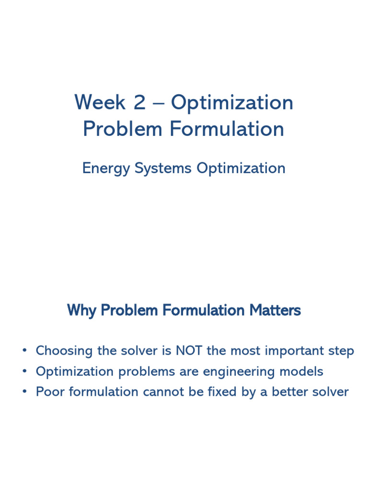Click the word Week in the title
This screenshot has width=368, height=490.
[100, 102]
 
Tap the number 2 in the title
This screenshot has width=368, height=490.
[140, 102]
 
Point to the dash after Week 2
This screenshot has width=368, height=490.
[158, 103]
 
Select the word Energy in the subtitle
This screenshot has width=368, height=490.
[106, 169]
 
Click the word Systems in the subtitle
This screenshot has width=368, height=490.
[163, 169]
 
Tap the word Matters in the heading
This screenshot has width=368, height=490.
[275, 310]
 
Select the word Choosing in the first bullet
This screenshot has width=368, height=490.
[64, 351]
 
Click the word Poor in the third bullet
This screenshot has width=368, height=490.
[50, 392]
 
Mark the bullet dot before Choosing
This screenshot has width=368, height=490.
[25, 351]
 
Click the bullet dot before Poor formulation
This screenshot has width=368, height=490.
[25, 391]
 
